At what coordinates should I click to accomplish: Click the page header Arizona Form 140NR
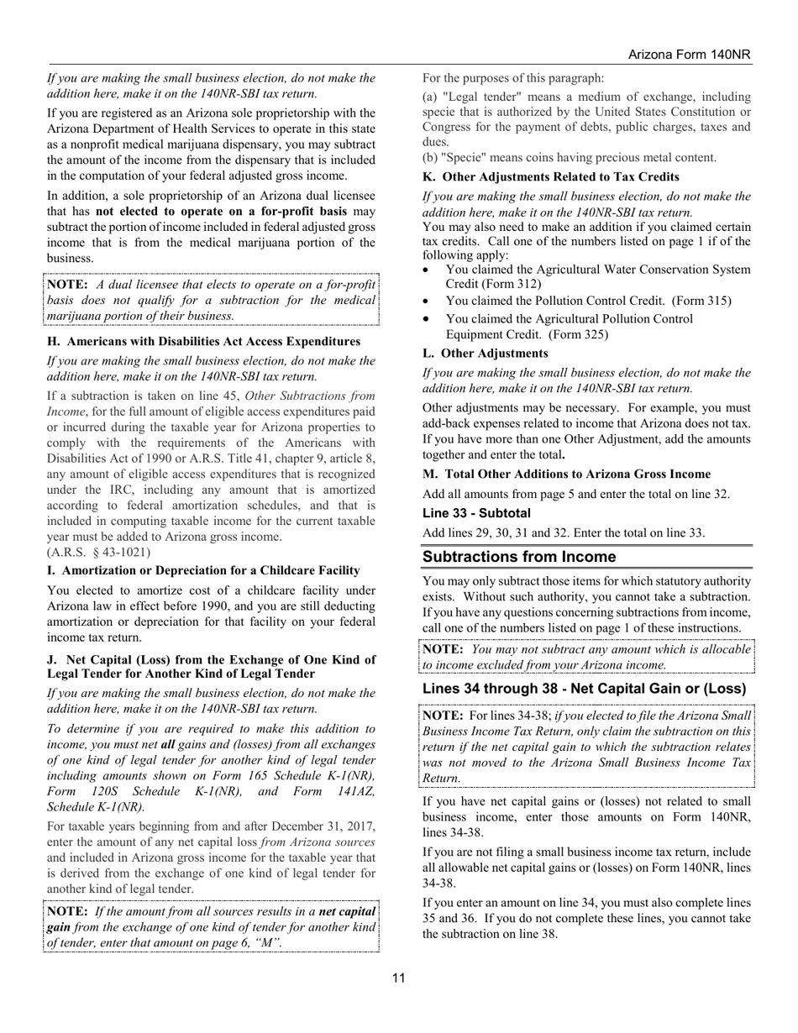[x=689, y=55]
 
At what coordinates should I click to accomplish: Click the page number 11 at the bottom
[x=398, y=977]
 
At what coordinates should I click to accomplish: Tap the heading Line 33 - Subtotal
[x=476, y=513]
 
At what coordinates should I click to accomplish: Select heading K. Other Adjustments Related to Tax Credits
[x=551, y=176]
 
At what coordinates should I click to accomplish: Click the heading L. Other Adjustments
[x=485, y=353]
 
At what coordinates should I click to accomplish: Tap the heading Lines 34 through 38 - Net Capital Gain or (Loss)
[x=584, y=689]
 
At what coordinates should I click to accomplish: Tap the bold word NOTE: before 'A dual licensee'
[x=68, y=284]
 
